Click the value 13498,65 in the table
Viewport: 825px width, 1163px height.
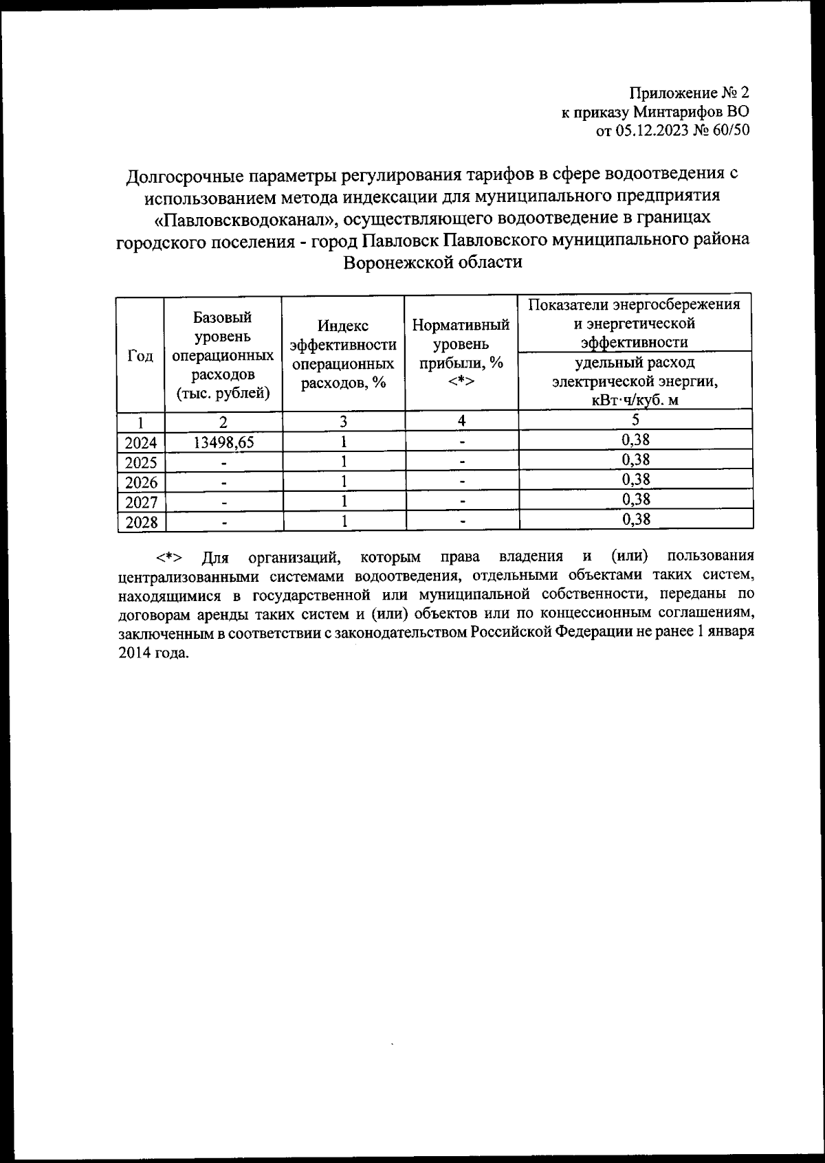pyautogui.click(x=223, y=442)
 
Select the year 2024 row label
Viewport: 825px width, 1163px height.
pyautogui.click(x=141, y=443)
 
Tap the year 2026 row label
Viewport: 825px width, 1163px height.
pyautogui.click(x=141, y=483)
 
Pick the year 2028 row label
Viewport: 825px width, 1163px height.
pyautogui.click(x=141, y=523)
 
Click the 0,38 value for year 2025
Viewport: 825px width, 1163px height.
pyautogui.click(x=636, y=459)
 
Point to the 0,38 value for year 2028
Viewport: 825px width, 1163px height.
pyautogui.click(x=636, y=519)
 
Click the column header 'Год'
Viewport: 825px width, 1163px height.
pyautogui.click(x=140, y=355)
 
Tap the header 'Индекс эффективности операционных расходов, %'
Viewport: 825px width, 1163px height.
pyautogui.click(x=343, y=354)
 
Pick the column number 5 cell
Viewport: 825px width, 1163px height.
pyautogui.click(x=636, y=420)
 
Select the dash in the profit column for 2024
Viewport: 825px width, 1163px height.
pyautogui.click(x=463, y=442)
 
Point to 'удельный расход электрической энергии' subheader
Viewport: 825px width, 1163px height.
pyautogui.click(x=635, y=381)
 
